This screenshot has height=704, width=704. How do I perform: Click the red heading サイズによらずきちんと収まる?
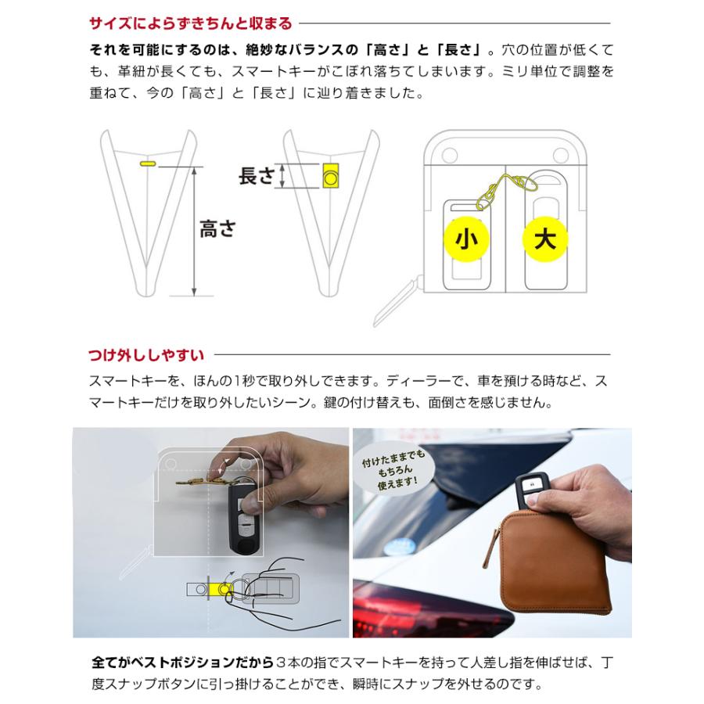(190, 23)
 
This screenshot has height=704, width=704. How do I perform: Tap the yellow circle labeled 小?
(465, 240)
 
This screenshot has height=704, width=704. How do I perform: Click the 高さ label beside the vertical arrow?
(217, 229)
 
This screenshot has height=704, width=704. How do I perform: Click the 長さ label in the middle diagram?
(257, 176)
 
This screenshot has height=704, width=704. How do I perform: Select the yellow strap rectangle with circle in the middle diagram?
(331, 177)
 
